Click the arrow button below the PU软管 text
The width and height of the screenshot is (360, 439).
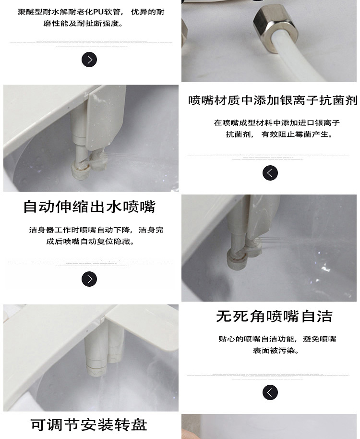[89, 60]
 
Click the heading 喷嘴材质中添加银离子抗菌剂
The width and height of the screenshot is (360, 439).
[272, 100]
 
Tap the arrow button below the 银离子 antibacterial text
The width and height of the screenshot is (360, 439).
[270, 173]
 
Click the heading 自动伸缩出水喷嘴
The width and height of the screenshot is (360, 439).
[89, 207]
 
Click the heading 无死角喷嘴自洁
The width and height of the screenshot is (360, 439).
[274, 317]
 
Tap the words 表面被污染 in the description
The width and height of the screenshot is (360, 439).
[276, 351]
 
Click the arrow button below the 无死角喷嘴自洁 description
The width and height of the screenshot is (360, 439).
[270, 392]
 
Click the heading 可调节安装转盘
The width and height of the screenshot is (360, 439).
[89, 425]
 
